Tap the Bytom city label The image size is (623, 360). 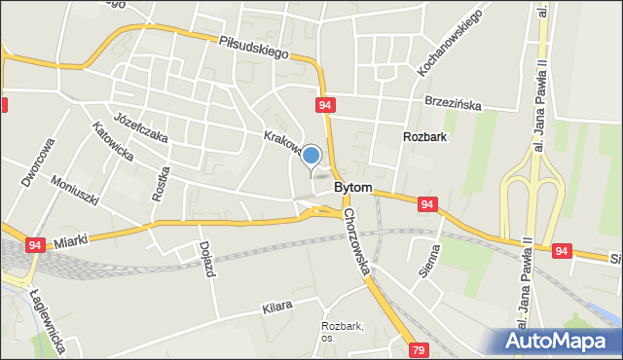352,186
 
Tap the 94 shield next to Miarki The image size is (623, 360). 35,247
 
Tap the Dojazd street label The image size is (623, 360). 205,259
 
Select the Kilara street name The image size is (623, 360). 276,306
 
